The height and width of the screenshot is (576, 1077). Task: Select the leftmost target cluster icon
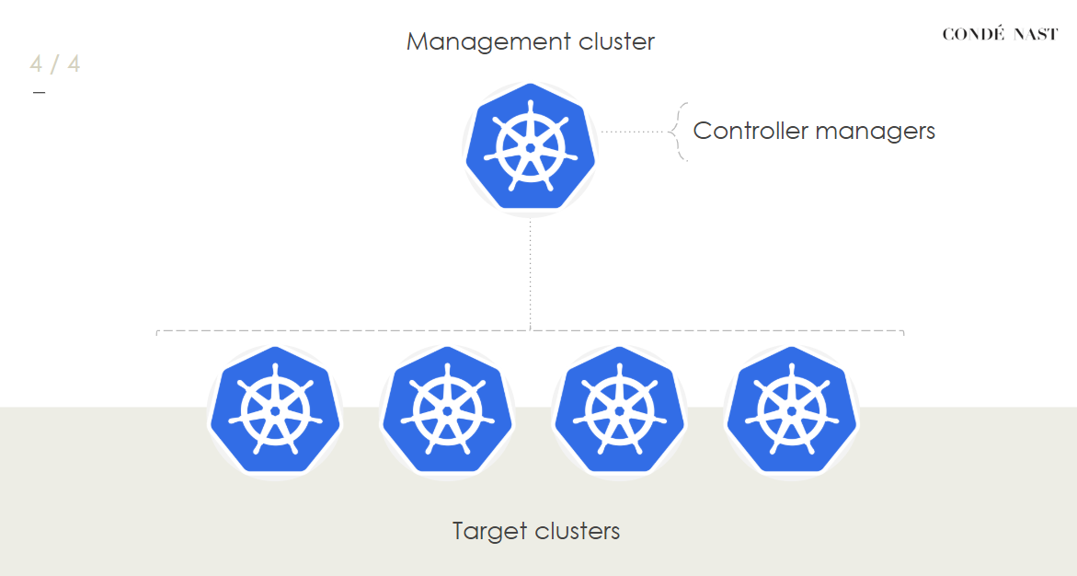[275, 411]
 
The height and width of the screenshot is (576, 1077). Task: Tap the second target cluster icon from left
[447, 411]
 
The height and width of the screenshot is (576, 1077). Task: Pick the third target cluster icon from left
[619, 411]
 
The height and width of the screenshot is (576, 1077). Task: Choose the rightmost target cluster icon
[791, 411]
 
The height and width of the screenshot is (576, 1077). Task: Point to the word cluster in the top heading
[617, 42]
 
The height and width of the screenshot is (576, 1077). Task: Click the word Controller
[749, 131]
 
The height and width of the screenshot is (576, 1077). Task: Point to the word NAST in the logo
[1035, 35]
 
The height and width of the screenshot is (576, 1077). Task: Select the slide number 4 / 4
[55, 64]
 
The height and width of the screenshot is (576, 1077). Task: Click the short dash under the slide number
[39, 93]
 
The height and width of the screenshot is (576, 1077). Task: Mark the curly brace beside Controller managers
[681, 132]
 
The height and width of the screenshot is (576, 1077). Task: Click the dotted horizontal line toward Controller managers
[636, 132]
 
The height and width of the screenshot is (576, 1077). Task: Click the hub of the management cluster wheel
[531, 147]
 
